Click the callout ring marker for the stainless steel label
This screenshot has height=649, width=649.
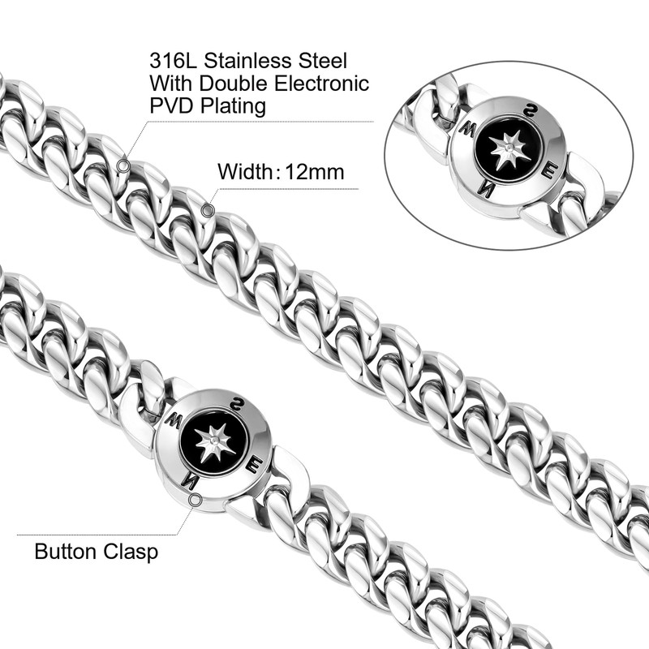pyautogui.click(x=122, y=165)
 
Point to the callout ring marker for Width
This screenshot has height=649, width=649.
pyautogui.click(x=208, y=211)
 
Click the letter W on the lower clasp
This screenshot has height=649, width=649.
pyautogui.click(x=172, y=422)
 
